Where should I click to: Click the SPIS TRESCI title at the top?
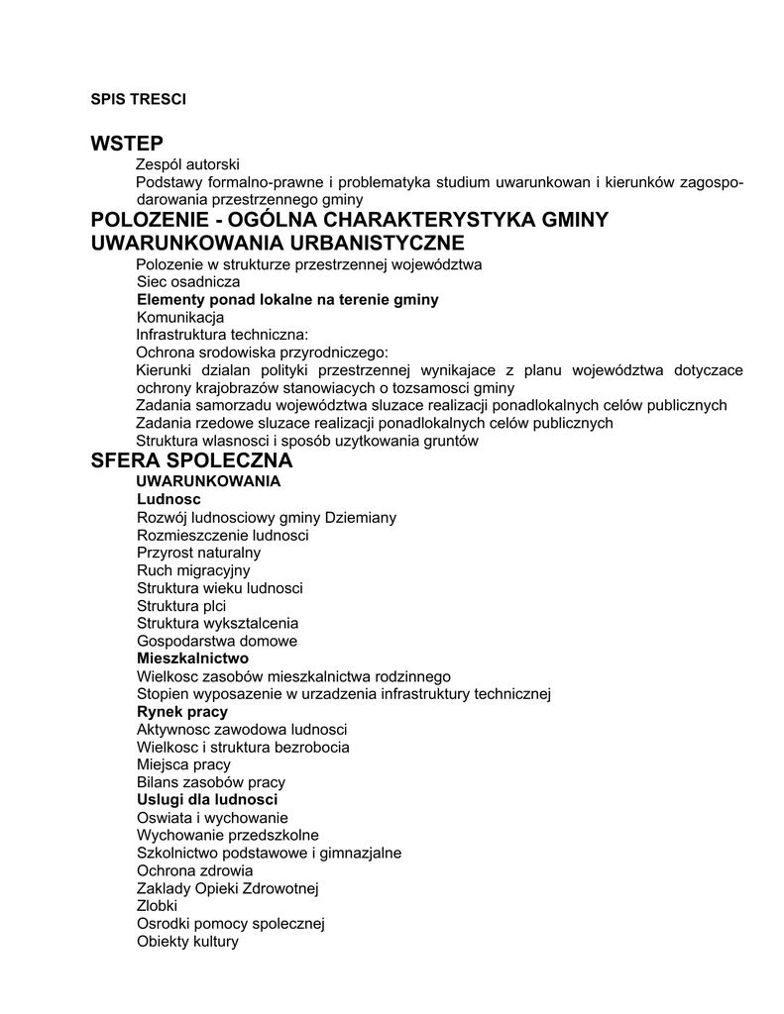coord(139,99)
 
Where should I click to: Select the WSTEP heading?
coord(127,144)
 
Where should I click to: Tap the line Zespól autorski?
coord(187,164)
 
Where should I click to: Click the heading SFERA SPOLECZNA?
coord(192,460)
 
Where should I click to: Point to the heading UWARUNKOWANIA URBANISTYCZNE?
coord(278,243)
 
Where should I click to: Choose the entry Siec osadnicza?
coord(188,282)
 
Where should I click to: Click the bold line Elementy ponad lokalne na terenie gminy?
coord(287,299)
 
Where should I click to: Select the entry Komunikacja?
coord(180,318)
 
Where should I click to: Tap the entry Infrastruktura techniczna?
coord(223,335)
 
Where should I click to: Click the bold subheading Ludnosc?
coord(168,500)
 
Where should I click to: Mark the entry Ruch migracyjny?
coord(193,570)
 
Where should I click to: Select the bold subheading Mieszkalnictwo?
coord(192,658)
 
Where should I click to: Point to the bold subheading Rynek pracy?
coord(182,712)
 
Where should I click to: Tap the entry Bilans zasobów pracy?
coord(211,782)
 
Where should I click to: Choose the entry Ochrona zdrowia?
coord(195,870)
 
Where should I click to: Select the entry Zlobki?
coord(157,906)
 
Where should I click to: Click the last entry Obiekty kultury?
coord(188,942)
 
